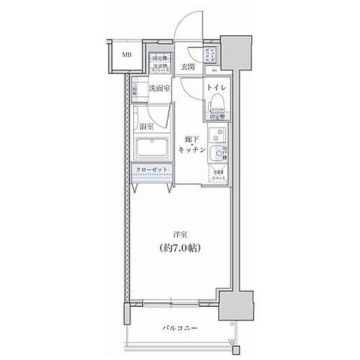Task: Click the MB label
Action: tap(126, 54)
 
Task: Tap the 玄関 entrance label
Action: tap(189, 66)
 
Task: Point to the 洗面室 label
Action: tap(158, 89)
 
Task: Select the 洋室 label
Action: tap(181, 234)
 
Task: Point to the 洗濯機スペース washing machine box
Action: tap(160, 64)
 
